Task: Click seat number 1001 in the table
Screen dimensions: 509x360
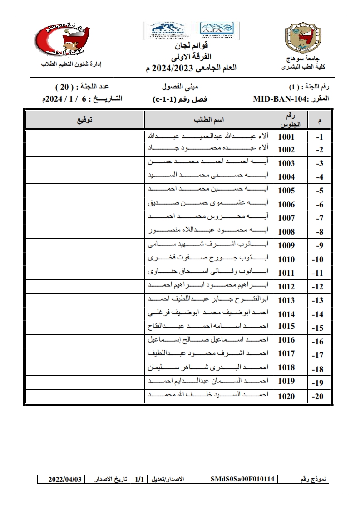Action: (x=286, y=137)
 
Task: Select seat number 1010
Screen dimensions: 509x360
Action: (x=286, y=259)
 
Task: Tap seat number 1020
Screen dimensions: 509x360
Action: (x=286, y=396)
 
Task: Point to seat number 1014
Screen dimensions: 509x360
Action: (x=286, y=314)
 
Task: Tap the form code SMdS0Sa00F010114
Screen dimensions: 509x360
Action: (x=243, y=479)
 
